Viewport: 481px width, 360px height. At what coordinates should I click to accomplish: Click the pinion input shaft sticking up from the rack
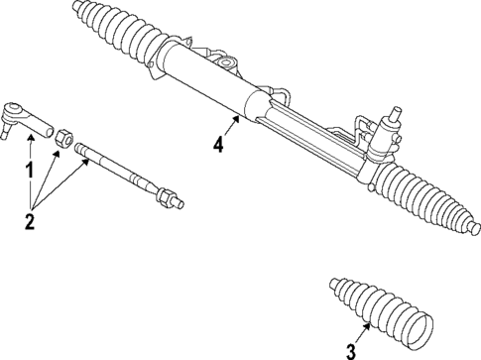click(397, 112)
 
